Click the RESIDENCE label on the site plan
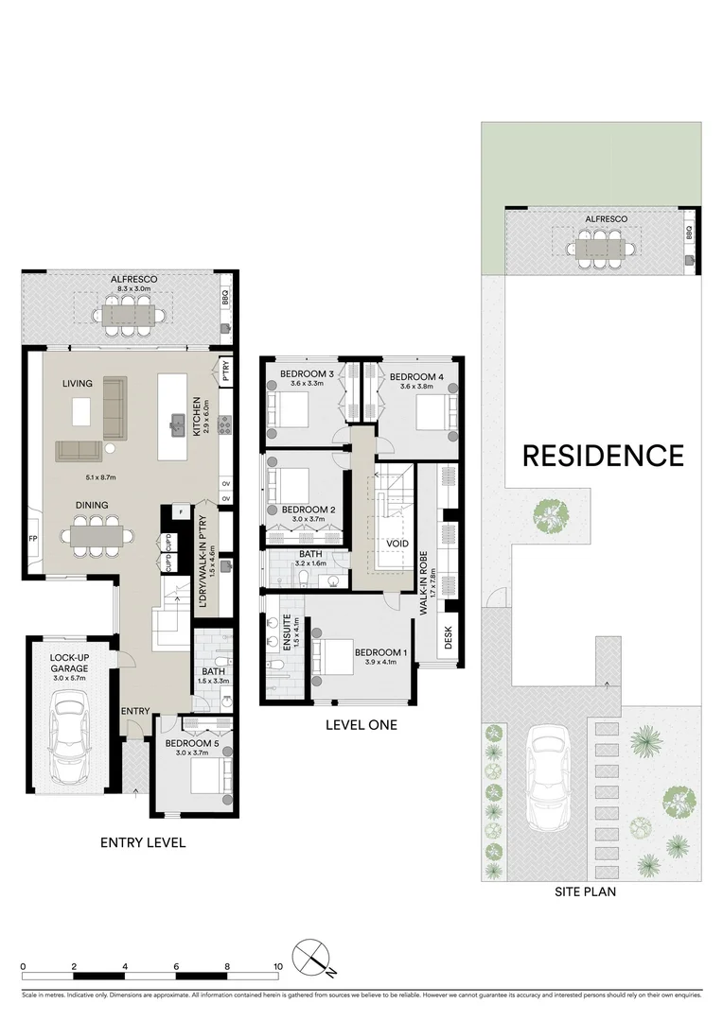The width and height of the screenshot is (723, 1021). coord(603,456)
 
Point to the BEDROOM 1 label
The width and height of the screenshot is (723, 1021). coord(381,652)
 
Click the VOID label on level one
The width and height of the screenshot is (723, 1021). coord(397,545)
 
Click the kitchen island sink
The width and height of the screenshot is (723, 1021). coord(176,424)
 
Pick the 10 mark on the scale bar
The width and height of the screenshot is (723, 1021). coord(278,967)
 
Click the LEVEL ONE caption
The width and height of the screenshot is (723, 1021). coord(361,725)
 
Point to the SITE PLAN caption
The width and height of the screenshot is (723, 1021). coord(591,891)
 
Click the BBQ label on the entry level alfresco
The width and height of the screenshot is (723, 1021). coord(225,295)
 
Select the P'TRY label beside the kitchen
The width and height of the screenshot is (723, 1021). coord(225,369)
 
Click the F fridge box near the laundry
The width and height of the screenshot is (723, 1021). coord(180,512)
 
